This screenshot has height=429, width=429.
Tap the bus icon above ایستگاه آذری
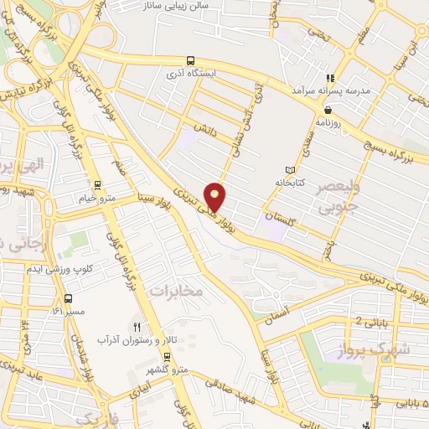pos(191,61)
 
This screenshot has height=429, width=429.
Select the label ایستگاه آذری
pos(192,74)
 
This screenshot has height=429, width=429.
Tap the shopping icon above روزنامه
pos(327,109)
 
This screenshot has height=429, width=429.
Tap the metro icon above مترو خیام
pos(98,184)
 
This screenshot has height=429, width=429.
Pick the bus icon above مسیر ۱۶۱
pos(67,297)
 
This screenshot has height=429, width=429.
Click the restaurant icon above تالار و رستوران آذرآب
pos(136,327)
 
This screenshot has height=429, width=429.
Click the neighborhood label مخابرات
pos(175,290)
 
